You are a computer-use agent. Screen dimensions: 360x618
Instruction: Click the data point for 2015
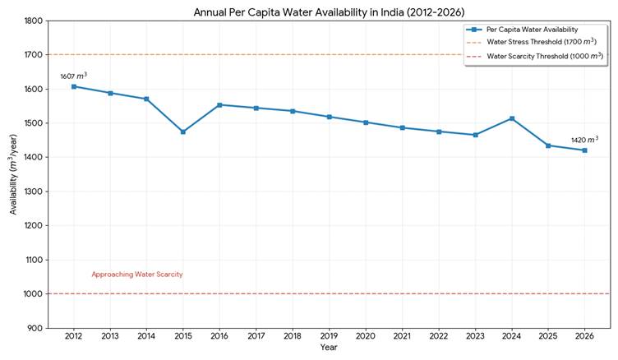pos(183,132)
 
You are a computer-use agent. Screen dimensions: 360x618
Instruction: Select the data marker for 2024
pos(512,118)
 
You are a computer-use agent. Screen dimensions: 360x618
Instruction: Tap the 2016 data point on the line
pos(219,105)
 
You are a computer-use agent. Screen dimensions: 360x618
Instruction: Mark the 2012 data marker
pos(74,86)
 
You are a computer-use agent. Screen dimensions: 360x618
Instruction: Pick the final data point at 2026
pos(584,150)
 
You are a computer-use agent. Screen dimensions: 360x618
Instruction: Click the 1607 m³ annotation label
pos(73,76)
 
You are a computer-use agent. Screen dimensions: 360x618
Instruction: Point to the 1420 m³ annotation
pos(584,140)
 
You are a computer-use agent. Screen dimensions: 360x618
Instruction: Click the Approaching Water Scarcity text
pos(136,275)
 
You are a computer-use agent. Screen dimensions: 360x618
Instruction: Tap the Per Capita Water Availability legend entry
pos(532,29)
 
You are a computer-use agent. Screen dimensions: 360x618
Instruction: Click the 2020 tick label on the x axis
pos(366,335)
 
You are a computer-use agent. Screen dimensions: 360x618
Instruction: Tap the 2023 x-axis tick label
pos(475,335)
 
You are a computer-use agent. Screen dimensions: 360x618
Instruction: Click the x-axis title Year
pos(329,348)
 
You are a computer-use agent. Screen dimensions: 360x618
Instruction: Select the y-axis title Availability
pos(13,174)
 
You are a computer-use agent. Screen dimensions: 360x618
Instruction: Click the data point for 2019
pos(329,117)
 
